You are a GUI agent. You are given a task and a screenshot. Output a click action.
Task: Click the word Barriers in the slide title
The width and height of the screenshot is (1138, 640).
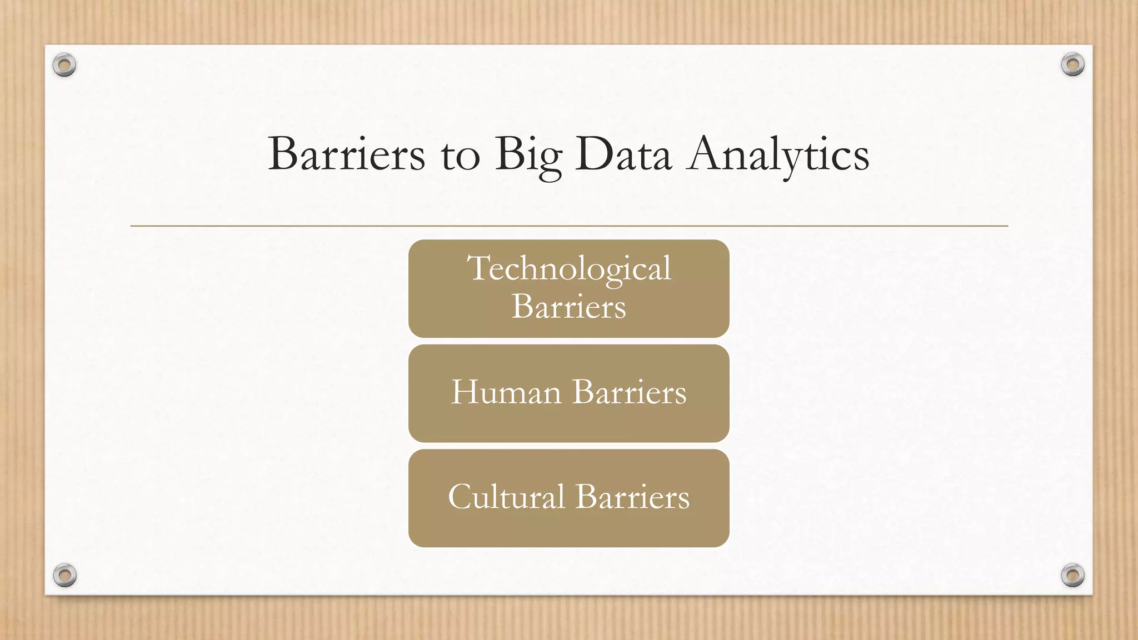pos(346,154)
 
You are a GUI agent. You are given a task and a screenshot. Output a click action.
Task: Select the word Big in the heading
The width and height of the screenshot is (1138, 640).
pos(528,156)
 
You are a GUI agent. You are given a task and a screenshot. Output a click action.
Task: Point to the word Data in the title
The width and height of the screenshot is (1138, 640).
pos(623,154)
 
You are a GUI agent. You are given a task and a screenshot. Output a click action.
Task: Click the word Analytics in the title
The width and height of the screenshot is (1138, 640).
pos(778,156)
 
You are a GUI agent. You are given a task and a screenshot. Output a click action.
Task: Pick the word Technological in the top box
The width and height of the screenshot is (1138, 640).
pos(569,269)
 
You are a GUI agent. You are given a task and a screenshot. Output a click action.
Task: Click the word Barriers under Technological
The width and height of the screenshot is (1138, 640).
pos(568,306)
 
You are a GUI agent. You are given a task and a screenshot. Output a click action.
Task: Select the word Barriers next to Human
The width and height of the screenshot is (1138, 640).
pos(629,392)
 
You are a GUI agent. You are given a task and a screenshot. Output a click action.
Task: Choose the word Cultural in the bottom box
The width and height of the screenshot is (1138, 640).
pos(506,497)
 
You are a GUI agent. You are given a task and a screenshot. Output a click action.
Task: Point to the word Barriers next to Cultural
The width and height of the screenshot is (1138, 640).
pos(632,497)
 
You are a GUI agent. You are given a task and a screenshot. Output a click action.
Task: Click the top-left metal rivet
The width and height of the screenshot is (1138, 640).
pos(64,66)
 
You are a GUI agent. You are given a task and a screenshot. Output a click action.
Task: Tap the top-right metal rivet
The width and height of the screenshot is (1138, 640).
pos(1072,65)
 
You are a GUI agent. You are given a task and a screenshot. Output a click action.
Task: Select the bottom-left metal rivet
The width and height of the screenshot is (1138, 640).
pos(65,575)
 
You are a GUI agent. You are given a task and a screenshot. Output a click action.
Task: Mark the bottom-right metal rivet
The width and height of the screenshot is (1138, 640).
pos(1072,575)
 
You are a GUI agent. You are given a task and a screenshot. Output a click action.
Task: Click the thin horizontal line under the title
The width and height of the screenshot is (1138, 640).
pos(569,226)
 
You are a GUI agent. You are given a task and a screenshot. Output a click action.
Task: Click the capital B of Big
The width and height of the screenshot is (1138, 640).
pos(507,153)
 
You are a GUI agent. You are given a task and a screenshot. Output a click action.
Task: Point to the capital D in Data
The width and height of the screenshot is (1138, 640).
pos(593,153)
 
